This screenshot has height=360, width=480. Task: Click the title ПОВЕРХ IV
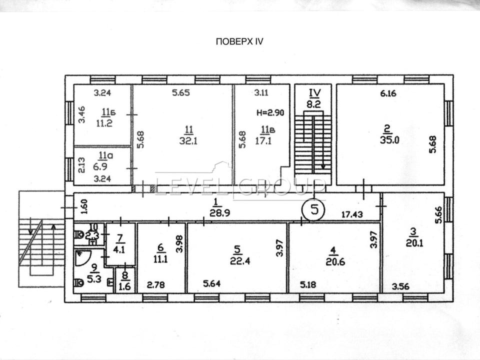point(239,41)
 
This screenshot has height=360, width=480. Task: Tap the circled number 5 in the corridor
point(314,209)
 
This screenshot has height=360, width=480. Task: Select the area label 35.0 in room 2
point(389,140)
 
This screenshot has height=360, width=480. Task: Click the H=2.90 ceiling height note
point(270,112)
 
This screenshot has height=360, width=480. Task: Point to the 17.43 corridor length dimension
point(352,214)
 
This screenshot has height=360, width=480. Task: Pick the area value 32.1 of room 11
point(188,141)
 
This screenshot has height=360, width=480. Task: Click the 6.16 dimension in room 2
point(388,93)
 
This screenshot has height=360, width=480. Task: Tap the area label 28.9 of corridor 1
point(220,213)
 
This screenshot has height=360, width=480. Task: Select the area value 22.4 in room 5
point(240,261)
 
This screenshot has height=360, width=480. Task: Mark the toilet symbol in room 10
point(79,235)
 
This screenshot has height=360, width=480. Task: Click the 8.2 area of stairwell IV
point(313,104)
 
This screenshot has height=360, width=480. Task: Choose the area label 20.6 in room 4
point(335,262)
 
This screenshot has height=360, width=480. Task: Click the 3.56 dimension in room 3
point(400,286)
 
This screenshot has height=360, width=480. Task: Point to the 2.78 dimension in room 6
point(156,285)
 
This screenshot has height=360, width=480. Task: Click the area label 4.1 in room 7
point(119,249)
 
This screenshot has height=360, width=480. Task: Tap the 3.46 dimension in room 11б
point(81,114)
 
